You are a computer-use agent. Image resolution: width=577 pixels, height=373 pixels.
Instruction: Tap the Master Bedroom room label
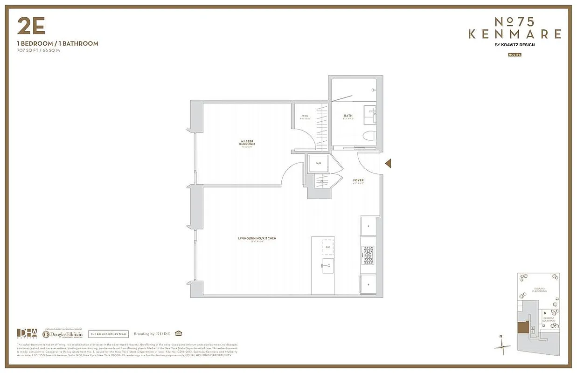pyautogui.click(x=248, y=143)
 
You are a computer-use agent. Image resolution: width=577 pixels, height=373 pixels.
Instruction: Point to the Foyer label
pyautogui.click(x=358, y=180)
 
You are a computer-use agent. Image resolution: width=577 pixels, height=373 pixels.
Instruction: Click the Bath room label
pyautogui.click(x=348, y=116)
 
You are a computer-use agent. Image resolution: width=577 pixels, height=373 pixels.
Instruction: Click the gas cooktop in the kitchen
pyautogui.click(x=368, y=255)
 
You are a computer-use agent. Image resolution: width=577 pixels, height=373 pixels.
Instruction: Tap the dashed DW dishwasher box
pyautogui.click(x=328, y=248)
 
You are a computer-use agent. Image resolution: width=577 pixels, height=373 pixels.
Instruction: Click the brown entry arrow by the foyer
pyautogui.click(x=388, y=163)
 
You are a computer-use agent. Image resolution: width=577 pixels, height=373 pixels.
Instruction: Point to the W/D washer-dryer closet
pyautogui.click(x=319, y=164)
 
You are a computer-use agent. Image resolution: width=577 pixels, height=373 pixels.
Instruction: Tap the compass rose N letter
pyautogui.click(x=501, y=336)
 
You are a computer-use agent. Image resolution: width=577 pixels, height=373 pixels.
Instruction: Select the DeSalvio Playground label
pyautogui.click(x=540, y=290)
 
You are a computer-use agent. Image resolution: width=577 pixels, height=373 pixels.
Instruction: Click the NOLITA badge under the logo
pyautogui.click(x=514, y=55)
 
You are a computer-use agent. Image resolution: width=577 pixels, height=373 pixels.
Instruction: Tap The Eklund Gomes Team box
pyautogui.click(x=108, y=334)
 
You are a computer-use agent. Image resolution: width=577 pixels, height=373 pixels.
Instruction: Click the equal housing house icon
pyautogui.click(x=178, y=333)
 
